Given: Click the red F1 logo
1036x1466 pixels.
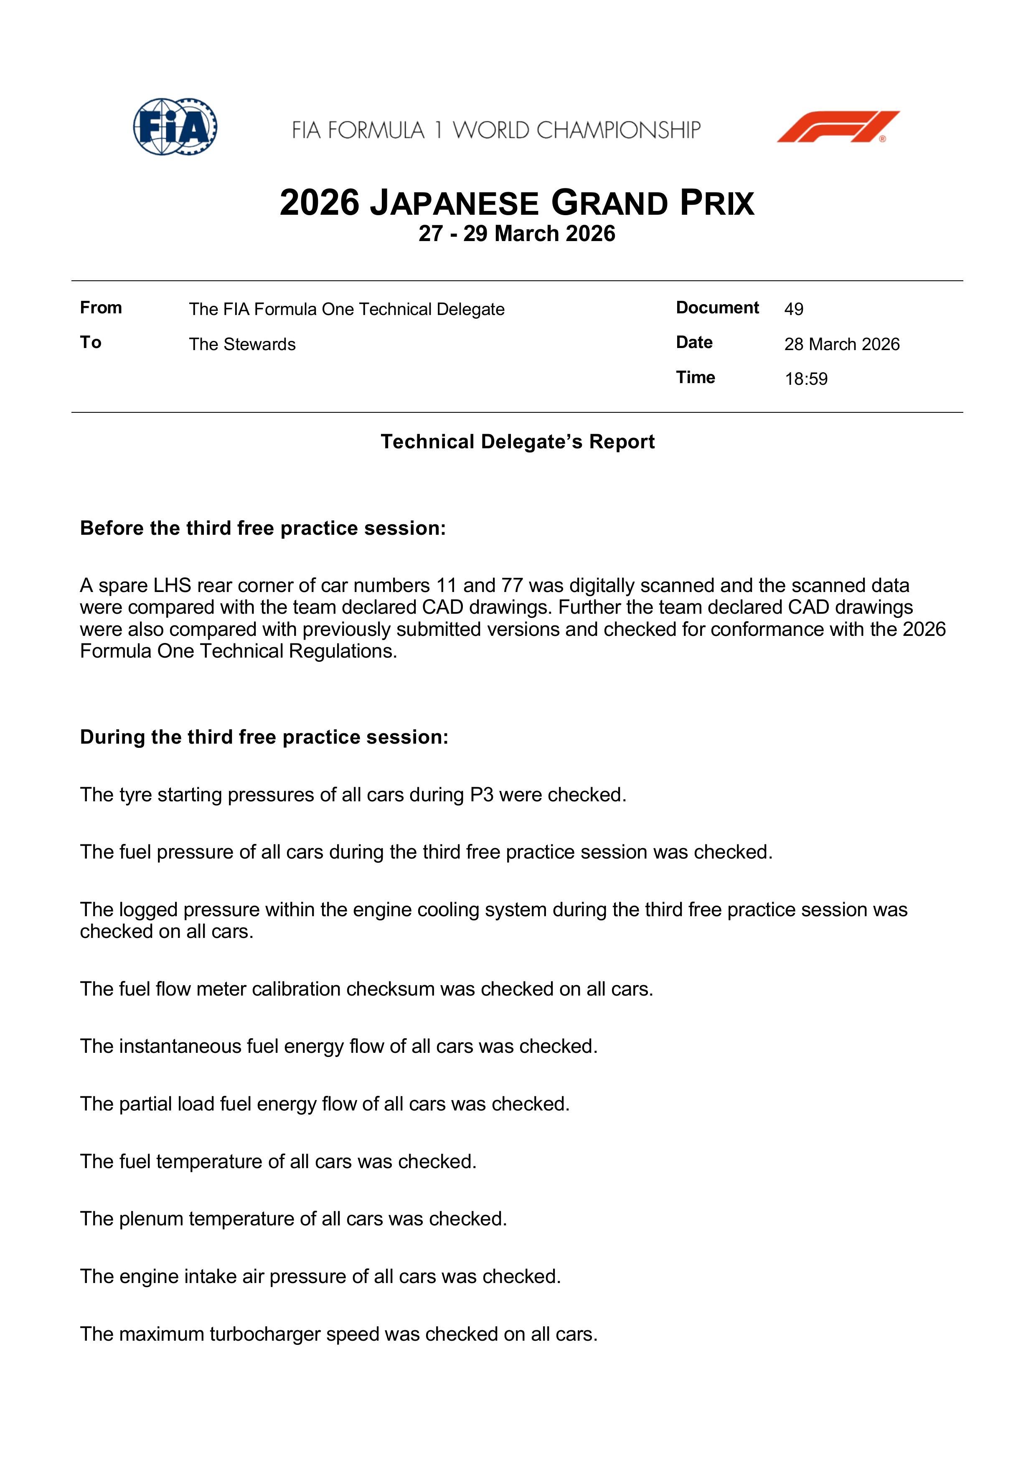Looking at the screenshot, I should [x=838, y=127].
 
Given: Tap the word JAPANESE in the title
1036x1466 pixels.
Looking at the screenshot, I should [x=455, y=203].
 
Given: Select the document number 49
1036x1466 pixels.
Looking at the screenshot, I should [x=793, y=309].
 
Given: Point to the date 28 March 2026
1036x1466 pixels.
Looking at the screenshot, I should [x=841, y=344].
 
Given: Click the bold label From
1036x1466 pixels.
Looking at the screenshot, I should [x=101, y=308].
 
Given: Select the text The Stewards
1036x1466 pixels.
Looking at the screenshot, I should [x=242, y=344].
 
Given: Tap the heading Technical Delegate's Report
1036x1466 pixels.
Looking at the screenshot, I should [x=518, y=442].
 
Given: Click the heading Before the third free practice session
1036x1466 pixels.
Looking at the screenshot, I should [x=262, y=528].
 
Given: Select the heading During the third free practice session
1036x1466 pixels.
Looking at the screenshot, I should [x=264, y=737].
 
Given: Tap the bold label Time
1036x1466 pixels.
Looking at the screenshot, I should [x=695, y=377].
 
